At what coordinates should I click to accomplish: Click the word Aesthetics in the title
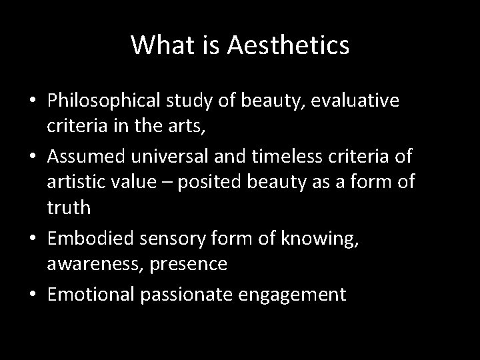coord(288,45)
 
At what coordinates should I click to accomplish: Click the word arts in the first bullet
coord(195,124)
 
